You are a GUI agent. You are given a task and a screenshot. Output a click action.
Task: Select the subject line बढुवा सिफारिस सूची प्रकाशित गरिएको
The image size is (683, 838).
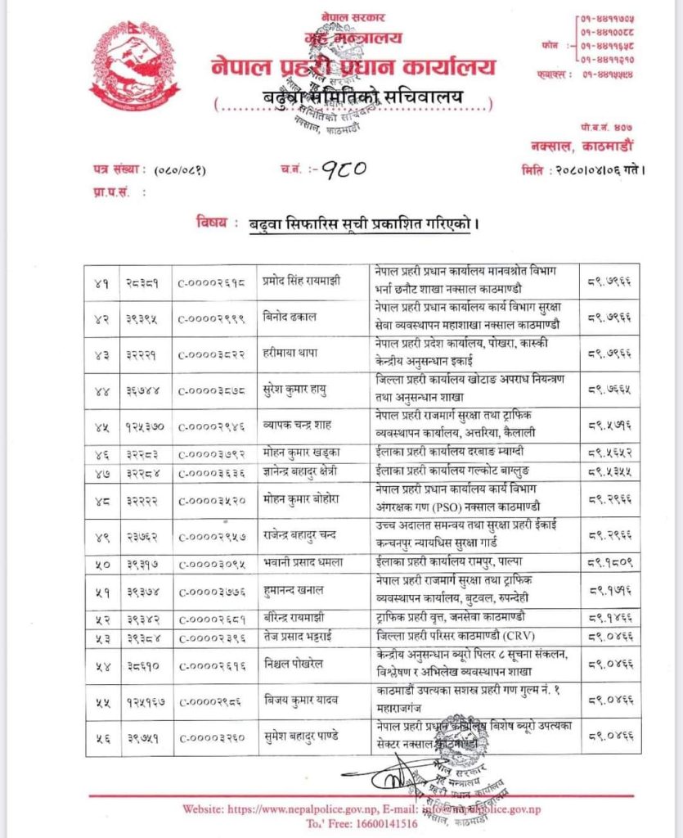click(x=364, y=223)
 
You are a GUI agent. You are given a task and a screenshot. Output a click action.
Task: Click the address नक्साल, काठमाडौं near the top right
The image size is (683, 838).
click(x=589, y=145)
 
